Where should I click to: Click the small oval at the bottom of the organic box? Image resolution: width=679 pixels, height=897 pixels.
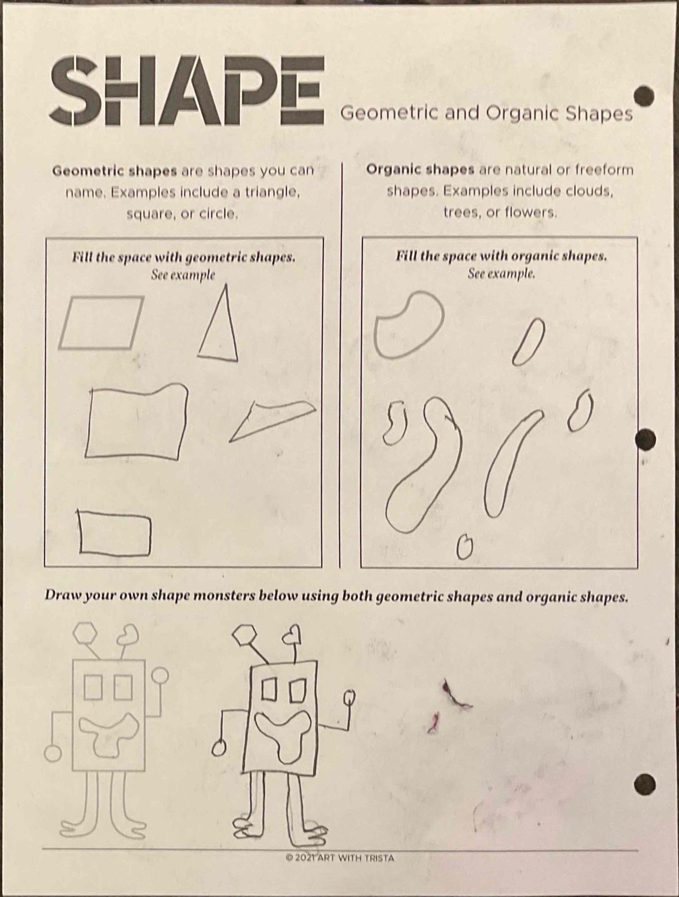coord(465,548)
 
